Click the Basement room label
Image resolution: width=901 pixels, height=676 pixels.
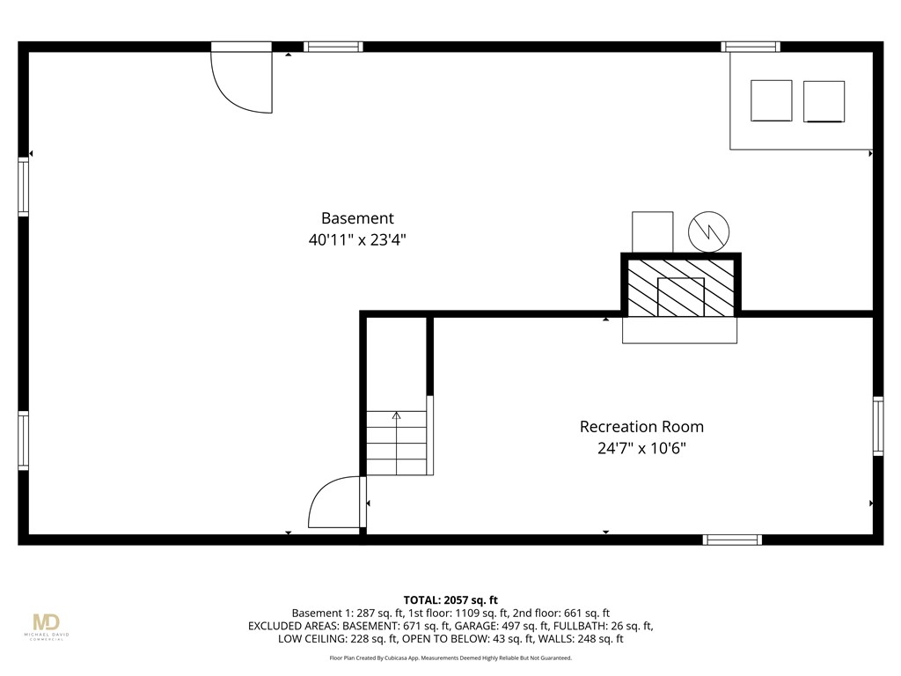pos(357,218)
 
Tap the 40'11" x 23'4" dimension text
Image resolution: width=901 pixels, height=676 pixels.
pos(357,239)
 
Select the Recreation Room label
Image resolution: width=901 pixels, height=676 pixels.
pos(641,427)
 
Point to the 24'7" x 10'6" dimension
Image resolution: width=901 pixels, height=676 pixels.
pos(641,449)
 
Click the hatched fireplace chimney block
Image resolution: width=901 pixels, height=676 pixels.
pos(681,287)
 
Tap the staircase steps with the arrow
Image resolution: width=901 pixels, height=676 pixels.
pos(397,442)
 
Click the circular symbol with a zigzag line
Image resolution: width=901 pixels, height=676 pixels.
pos(708,231)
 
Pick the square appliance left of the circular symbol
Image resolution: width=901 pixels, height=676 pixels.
pos(653,231)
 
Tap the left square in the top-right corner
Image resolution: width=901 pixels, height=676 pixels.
pos(771,100)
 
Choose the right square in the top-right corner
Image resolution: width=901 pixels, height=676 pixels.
pos(824,101)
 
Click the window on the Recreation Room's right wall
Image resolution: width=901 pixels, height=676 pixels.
pos(878,426)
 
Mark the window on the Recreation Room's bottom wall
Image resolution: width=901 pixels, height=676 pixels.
pos(732,540)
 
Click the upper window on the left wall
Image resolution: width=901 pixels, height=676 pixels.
pos(24,187)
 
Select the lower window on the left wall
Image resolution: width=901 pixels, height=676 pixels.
pos(24,441)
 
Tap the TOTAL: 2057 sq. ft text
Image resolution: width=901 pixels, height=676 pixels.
pos(450,599)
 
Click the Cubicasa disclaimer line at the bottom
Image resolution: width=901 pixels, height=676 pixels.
pos(450,658)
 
